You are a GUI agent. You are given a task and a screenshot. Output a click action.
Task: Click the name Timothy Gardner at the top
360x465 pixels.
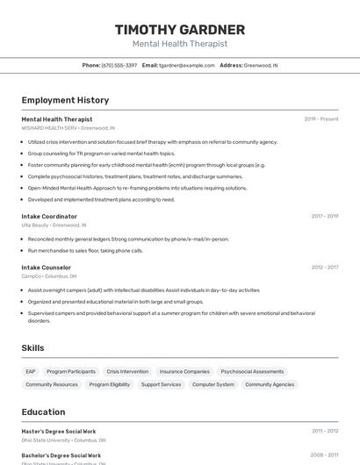(x=179, y=30)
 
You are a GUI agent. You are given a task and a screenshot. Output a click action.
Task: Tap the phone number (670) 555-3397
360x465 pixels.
(x=119, y=65)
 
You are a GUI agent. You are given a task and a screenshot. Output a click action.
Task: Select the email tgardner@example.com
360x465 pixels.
(x=186, y=65)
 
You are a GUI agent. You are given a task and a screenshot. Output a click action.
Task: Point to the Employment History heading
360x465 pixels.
(x=65, y=100)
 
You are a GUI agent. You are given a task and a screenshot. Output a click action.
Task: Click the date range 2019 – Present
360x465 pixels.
(x=321, y=118)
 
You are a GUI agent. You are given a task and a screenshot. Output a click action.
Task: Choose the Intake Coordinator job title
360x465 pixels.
(x=49, y=216)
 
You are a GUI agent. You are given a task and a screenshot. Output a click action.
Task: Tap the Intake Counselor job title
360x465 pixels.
(x=46, y=267)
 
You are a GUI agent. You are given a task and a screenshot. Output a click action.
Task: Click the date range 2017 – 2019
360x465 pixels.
(x=324, y=216)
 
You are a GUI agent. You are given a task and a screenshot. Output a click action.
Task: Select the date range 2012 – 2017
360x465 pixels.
(x=324, y=267)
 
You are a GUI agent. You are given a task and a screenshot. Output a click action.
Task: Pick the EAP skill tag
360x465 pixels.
(x=31, y=371)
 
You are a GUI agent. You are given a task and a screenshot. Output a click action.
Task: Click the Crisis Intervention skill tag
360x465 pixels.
(x=127, y=371)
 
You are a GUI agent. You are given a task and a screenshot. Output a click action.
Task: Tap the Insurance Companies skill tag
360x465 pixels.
(x=184, y=371)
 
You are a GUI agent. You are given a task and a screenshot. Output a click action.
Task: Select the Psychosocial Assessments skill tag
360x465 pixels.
(x=252, y=371)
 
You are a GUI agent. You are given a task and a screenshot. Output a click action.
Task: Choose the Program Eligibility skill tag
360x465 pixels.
(x=109, y=384)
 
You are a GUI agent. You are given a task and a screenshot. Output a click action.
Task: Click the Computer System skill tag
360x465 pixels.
(x=213, y=384)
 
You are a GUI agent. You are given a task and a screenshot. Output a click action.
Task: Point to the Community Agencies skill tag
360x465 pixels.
(x=270, y=384)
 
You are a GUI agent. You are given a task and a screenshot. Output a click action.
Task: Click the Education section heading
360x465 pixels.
(x=43, y=411)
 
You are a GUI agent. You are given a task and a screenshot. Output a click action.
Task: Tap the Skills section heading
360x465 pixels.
(x=32, y=348)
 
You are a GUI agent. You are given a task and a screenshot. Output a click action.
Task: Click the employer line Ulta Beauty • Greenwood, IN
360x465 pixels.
(x=54, y=225)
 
